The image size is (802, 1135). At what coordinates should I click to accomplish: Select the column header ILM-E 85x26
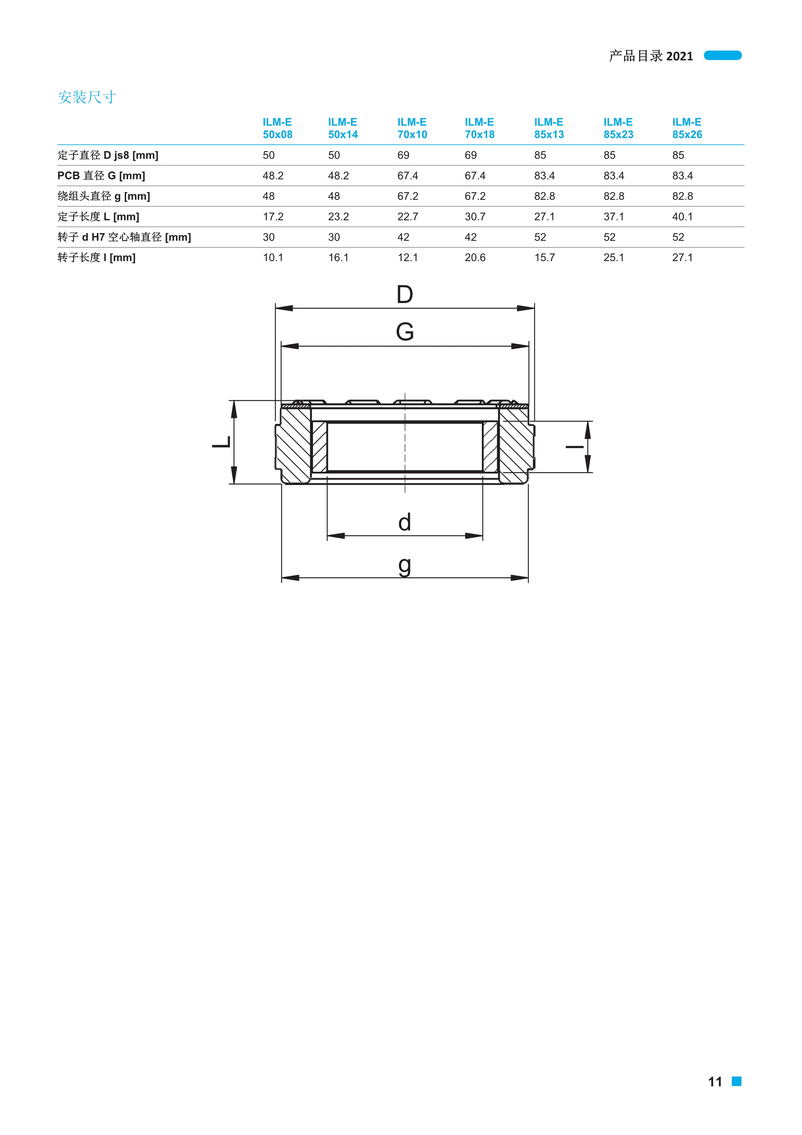(x=687, y=128)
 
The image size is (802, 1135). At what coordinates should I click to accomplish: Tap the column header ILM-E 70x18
(x=479, y=128)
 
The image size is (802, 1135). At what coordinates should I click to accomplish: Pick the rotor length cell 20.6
(x=475, y=258)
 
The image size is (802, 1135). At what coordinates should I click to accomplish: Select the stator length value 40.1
(x=682, y=216)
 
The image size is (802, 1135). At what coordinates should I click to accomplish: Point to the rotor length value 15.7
(x=545, y=258)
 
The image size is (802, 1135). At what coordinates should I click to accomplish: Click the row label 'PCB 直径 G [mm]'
(x=101, y=175)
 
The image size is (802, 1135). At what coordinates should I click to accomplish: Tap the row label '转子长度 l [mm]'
(x=96, y=258)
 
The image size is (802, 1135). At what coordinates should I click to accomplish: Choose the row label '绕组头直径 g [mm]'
(x=104, y=196)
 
